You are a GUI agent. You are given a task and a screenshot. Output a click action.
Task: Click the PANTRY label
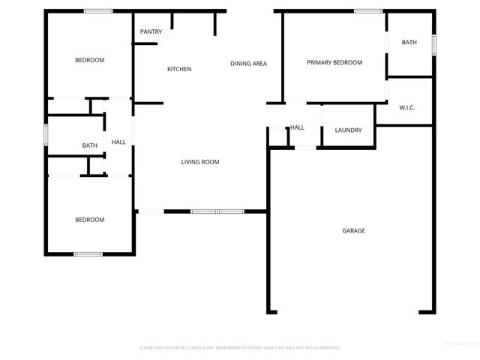[151, 31]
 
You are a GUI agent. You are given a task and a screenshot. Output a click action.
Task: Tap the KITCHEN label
[179, 69]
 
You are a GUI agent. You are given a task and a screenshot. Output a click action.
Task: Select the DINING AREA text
[248, 64]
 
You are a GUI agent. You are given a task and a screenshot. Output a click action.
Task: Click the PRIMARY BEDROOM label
[334, 62]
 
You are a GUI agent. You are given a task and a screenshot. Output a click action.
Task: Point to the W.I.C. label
[407, 107]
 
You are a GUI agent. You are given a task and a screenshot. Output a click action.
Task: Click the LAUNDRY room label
[348, 130]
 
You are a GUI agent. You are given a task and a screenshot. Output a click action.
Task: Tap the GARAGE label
[353, 230]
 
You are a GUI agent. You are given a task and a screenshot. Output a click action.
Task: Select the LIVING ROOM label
[200, 162]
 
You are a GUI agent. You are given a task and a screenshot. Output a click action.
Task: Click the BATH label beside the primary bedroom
[409, 42]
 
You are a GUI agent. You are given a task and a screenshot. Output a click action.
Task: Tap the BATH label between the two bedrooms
[90, 145]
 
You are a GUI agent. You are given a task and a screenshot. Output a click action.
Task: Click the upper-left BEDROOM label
[89, 60]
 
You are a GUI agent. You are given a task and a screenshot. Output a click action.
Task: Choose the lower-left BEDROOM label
[89, 220]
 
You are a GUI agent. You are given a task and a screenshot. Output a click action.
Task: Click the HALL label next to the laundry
[297, 127]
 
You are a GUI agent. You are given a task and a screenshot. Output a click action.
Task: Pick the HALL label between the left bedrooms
[118, 142]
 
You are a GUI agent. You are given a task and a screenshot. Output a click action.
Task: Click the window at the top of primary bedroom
[368, 10]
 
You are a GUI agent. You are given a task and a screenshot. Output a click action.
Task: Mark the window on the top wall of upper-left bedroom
[98, 10]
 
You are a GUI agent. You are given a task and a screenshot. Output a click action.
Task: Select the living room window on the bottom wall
[216, 211]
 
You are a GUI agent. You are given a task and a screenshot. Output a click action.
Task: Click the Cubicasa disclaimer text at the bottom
[240, 347]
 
